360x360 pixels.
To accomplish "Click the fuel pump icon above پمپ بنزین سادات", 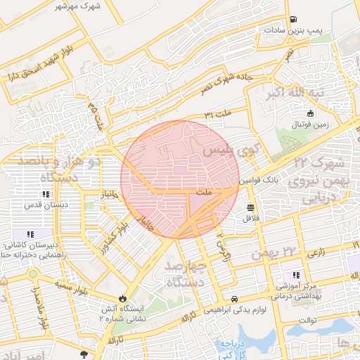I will tap(292, 20).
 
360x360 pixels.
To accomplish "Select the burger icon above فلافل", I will tap(251, 207).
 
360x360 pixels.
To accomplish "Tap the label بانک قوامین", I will tap(264, 181).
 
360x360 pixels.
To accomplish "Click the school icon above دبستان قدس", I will tap(46, 194).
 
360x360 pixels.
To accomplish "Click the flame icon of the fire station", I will tap(124, 297).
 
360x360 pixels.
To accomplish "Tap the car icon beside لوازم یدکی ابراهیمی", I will tap(234, 298).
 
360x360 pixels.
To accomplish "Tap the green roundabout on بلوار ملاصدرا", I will tap(32, 273).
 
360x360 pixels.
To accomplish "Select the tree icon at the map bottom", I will tap(84, 354).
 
